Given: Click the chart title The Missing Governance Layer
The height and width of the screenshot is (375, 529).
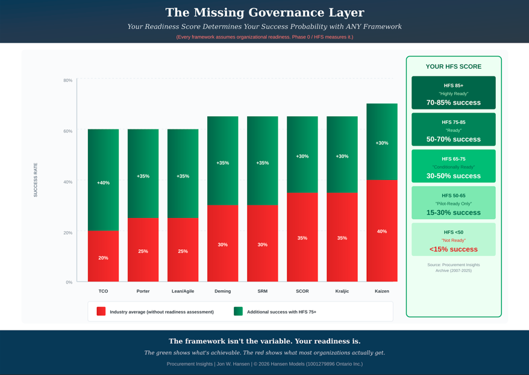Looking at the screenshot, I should tap(264, 13).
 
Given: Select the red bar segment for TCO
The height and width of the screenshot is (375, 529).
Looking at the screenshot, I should tap(103, 256).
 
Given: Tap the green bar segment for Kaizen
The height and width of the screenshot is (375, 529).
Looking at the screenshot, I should tap(382, 142).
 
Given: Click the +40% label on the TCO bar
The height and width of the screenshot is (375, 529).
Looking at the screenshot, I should tap(103, 182).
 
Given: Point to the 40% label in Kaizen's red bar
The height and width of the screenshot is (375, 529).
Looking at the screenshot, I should tap(382, 231).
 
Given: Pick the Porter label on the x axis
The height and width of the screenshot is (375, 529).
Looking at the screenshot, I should tap(143, 291).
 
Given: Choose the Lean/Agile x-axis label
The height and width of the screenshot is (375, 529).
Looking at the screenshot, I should tap(183, 291).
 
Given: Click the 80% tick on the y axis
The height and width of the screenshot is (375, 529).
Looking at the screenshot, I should tap(68, 81).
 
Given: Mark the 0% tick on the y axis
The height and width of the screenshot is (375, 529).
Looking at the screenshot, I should tap(69, 282).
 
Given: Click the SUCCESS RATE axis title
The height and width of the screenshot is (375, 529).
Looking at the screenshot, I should tap(36, 180).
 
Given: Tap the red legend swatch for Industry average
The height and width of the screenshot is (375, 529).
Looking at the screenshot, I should tap(101, 311).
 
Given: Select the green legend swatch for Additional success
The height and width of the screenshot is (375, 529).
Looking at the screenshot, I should tap(238, 311).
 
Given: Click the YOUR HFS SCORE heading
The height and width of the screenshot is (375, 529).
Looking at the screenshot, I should tap(453, 67).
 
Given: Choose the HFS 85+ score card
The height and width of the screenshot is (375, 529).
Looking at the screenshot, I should tap(453, 93).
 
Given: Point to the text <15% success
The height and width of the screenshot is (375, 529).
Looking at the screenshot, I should tap(453, 249).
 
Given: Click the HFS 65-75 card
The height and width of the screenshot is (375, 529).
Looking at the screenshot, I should tap(453, 166).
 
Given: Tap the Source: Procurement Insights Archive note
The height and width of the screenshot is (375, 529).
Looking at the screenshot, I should tap(453, 268).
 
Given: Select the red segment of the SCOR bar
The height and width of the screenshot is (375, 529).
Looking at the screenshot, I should tap(302, 237).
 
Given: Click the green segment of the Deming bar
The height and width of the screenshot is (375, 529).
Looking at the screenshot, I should tap(222, 161).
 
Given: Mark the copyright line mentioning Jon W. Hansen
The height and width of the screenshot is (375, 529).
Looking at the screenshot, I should tap(264, 364).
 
